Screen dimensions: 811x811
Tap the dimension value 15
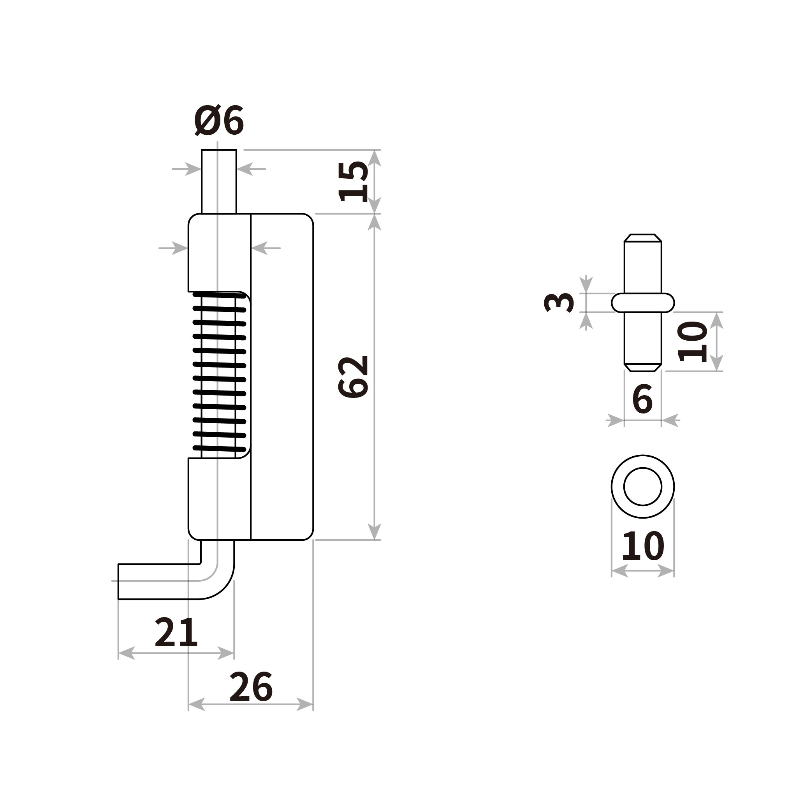[x=354, y=181]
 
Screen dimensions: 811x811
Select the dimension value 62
[x=354, y=376]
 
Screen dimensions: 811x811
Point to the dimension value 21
[x=176, y=632]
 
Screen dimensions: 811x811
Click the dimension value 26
[x=251, y=687]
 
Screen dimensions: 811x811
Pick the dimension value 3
[x=559, y=303]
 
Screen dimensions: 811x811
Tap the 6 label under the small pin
[x=642, y=399]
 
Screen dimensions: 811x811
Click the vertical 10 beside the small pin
[x=693, y=342]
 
